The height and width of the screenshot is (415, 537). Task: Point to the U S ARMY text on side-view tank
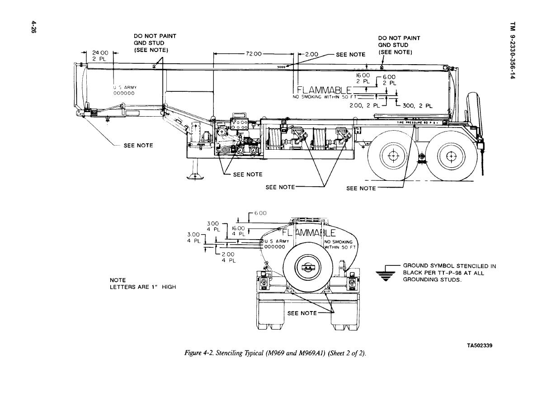coord(124,88)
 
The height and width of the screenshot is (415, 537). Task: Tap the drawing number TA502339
coord(480,346)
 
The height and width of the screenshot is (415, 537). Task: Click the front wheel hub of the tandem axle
coord(392,156)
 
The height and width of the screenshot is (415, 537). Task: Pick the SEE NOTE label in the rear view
coord(302,313)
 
